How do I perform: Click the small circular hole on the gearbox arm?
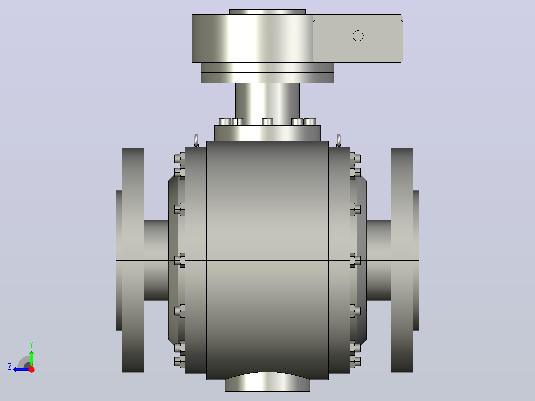tap(358, 36)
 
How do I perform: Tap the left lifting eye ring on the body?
tap(196, 140)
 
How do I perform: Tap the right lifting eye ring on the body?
tap(339, 140)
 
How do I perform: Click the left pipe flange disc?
tap(133, 260)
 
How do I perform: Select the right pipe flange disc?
tap(402, 260)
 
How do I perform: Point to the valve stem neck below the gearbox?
tap(267, 102)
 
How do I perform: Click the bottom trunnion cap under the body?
tap(267, 382)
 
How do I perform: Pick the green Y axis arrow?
tap(31, 357)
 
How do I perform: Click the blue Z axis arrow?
tap(21, 369)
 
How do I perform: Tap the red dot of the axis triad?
tap(31, 369)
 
